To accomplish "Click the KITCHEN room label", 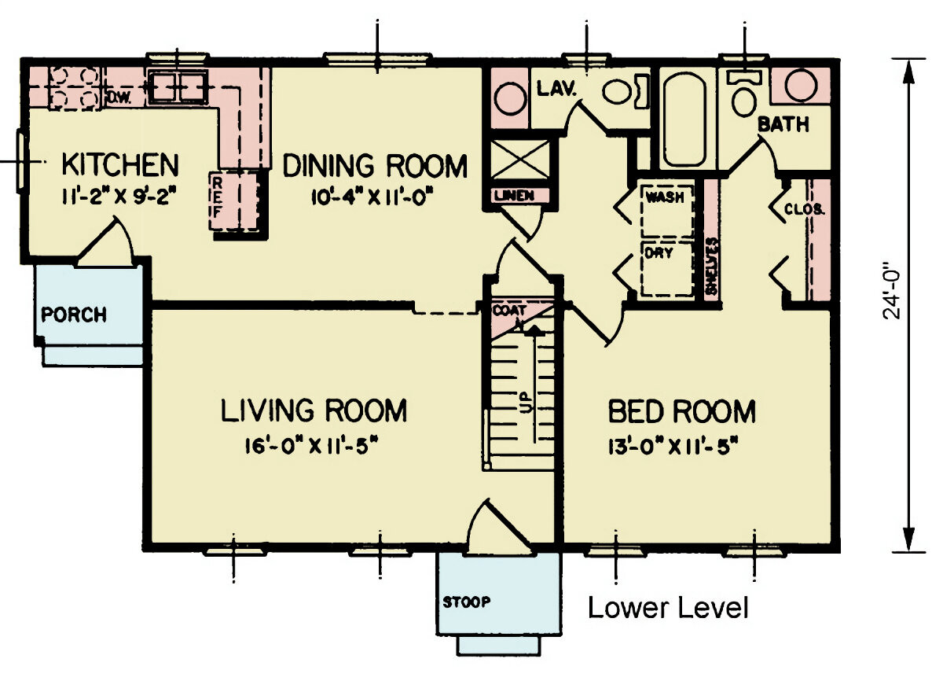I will pyautogui.click(x=120, y=166).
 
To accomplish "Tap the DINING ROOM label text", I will pyautogui.click(x=375, y=167).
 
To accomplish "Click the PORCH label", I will pyautogui.click(x=74, y=315).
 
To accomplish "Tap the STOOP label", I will pyautogui.click(x=466, y=603).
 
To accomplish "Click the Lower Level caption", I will pyautogui.click(x=668, y=608).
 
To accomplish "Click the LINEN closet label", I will pyautogui.click(x=514, y=194).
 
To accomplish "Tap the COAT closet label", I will pyautogui.click(x=505, y=311).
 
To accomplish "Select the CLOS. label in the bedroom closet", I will pyautogui.click(x=804, y=209).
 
